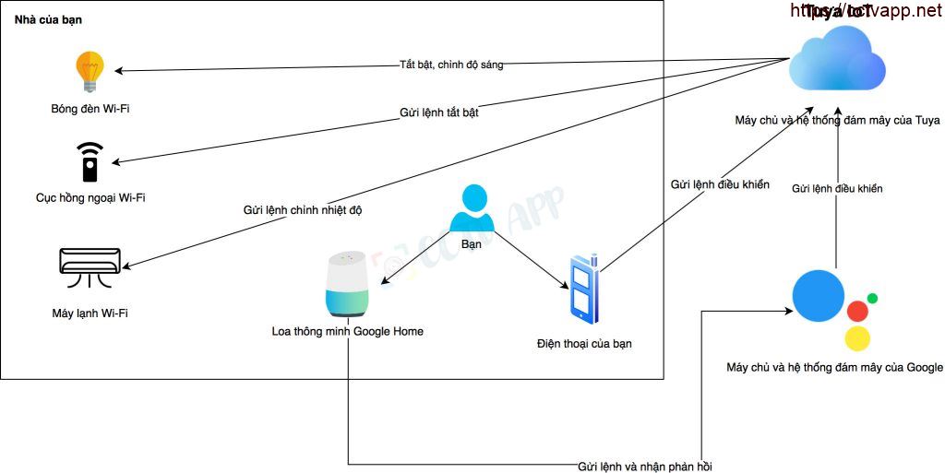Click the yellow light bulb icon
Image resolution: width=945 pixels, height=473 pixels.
click(90, 71)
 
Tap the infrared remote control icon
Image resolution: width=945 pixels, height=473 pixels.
click(90, 161)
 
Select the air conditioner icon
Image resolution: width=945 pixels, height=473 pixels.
click(90, 262)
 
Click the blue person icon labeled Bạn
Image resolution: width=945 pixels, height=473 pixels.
click(472, 209)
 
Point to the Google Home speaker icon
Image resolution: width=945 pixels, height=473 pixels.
click(347, 284)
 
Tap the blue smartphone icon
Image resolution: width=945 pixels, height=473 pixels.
click(583, 288)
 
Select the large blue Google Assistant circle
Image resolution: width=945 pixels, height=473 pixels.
click(818, 295)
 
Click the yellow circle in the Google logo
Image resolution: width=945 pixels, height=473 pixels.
click(859, 338)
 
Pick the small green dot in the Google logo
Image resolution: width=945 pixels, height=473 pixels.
click(872, 299)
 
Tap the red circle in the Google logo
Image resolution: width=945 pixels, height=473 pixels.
click(857, 311)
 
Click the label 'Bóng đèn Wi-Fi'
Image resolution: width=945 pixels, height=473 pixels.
click(90, 109)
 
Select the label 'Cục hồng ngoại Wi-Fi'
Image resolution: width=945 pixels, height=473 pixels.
click(90, 197)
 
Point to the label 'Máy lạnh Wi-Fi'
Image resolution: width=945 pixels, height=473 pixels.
click(90, 313)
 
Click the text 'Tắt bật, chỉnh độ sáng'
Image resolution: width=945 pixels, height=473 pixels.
click(451, 65)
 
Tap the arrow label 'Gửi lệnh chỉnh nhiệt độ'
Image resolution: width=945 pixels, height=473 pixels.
click(303, 210)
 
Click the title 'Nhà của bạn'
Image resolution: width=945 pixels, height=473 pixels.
click(46, 19)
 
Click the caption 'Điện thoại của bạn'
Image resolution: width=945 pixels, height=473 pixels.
click(584, 344)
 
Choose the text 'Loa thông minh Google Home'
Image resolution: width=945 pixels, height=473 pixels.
click(347, 331)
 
